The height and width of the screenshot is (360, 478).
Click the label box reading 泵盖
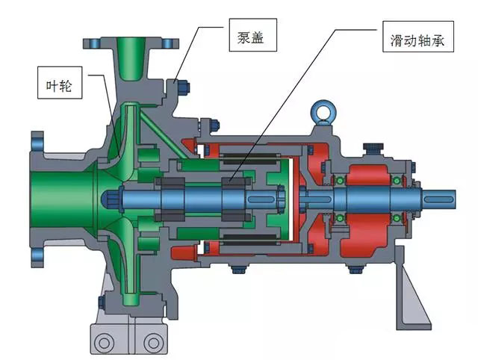tap(252, 35)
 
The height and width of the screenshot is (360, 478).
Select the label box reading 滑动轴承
tap(418, 37)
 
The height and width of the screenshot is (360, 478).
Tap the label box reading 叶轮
tap(60, 83)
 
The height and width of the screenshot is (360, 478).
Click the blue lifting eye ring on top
tap(323, 111)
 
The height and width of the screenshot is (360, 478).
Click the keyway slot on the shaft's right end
tap(438, 199)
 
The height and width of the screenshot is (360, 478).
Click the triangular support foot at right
tap(410, 293)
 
